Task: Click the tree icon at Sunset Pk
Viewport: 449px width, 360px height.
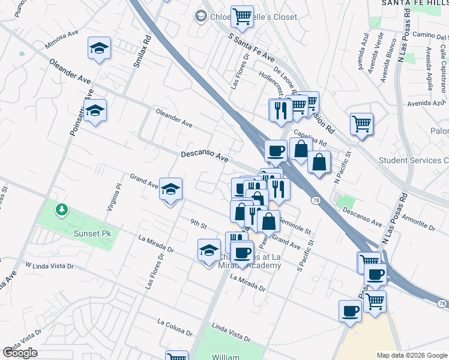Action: [x=61, y=209]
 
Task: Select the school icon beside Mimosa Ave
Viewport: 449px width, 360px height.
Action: [x=100, y=49]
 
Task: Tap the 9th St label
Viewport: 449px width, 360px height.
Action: [x=199, y=226]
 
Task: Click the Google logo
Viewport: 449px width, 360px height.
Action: [x=20, y=353]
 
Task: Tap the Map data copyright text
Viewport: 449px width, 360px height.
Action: [x=411, y=355]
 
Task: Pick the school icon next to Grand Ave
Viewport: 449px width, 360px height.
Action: [x=171, y=191]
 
